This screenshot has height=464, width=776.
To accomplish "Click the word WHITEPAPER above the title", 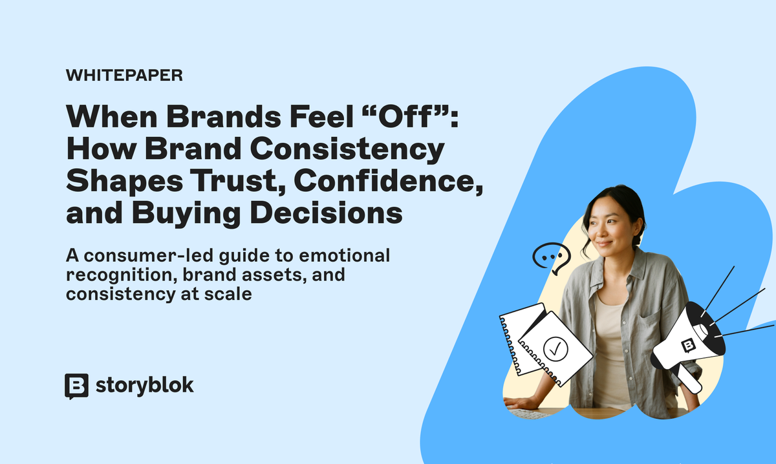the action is [x=124, y=75].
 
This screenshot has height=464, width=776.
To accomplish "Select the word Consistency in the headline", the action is [x=347, y=149].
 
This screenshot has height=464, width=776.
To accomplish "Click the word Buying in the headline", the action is [x=186, y=213].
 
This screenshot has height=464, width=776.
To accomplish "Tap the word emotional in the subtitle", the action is [x=344, y=255].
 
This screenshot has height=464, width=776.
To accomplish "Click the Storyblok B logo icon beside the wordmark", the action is [x=76, y=386].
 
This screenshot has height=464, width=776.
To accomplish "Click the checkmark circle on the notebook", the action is [x=555, y=349].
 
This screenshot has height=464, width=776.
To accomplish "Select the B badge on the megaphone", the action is [x=688, y=345].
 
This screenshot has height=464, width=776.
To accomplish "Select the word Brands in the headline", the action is [x=224, y=117].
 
